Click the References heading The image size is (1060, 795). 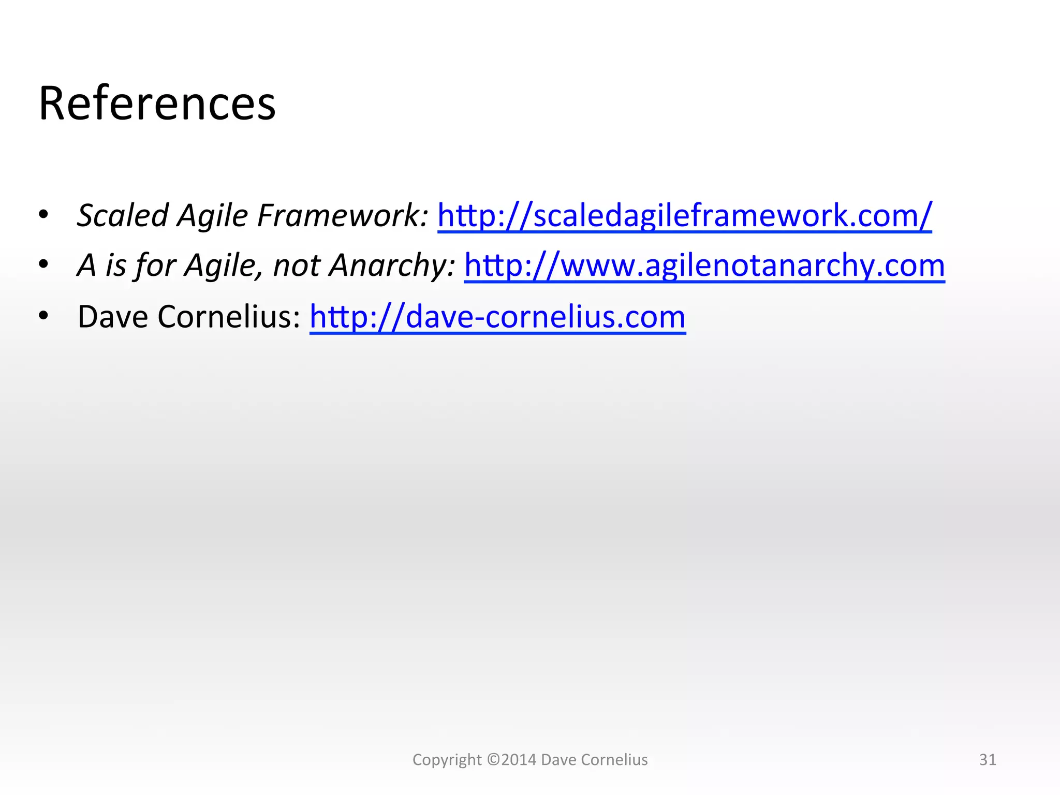click(x=157, y=104)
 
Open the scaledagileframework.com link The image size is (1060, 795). click(x=684, y=215)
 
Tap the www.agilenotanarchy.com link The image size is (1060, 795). click(x=704, y=266)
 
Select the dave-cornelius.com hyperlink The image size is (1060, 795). click(x=497, y=317)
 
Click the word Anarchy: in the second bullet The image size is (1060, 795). click(x=392, y=266)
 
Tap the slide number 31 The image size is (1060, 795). click(x=988, y=759)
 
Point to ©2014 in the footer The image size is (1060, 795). click(x=512, y=759)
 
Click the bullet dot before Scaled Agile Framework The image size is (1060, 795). click(x=43, y=214)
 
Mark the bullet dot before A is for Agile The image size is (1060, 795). click(x=43, y=264)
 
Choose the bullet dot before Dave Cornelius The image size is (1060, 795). click(x=43, y=315)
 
